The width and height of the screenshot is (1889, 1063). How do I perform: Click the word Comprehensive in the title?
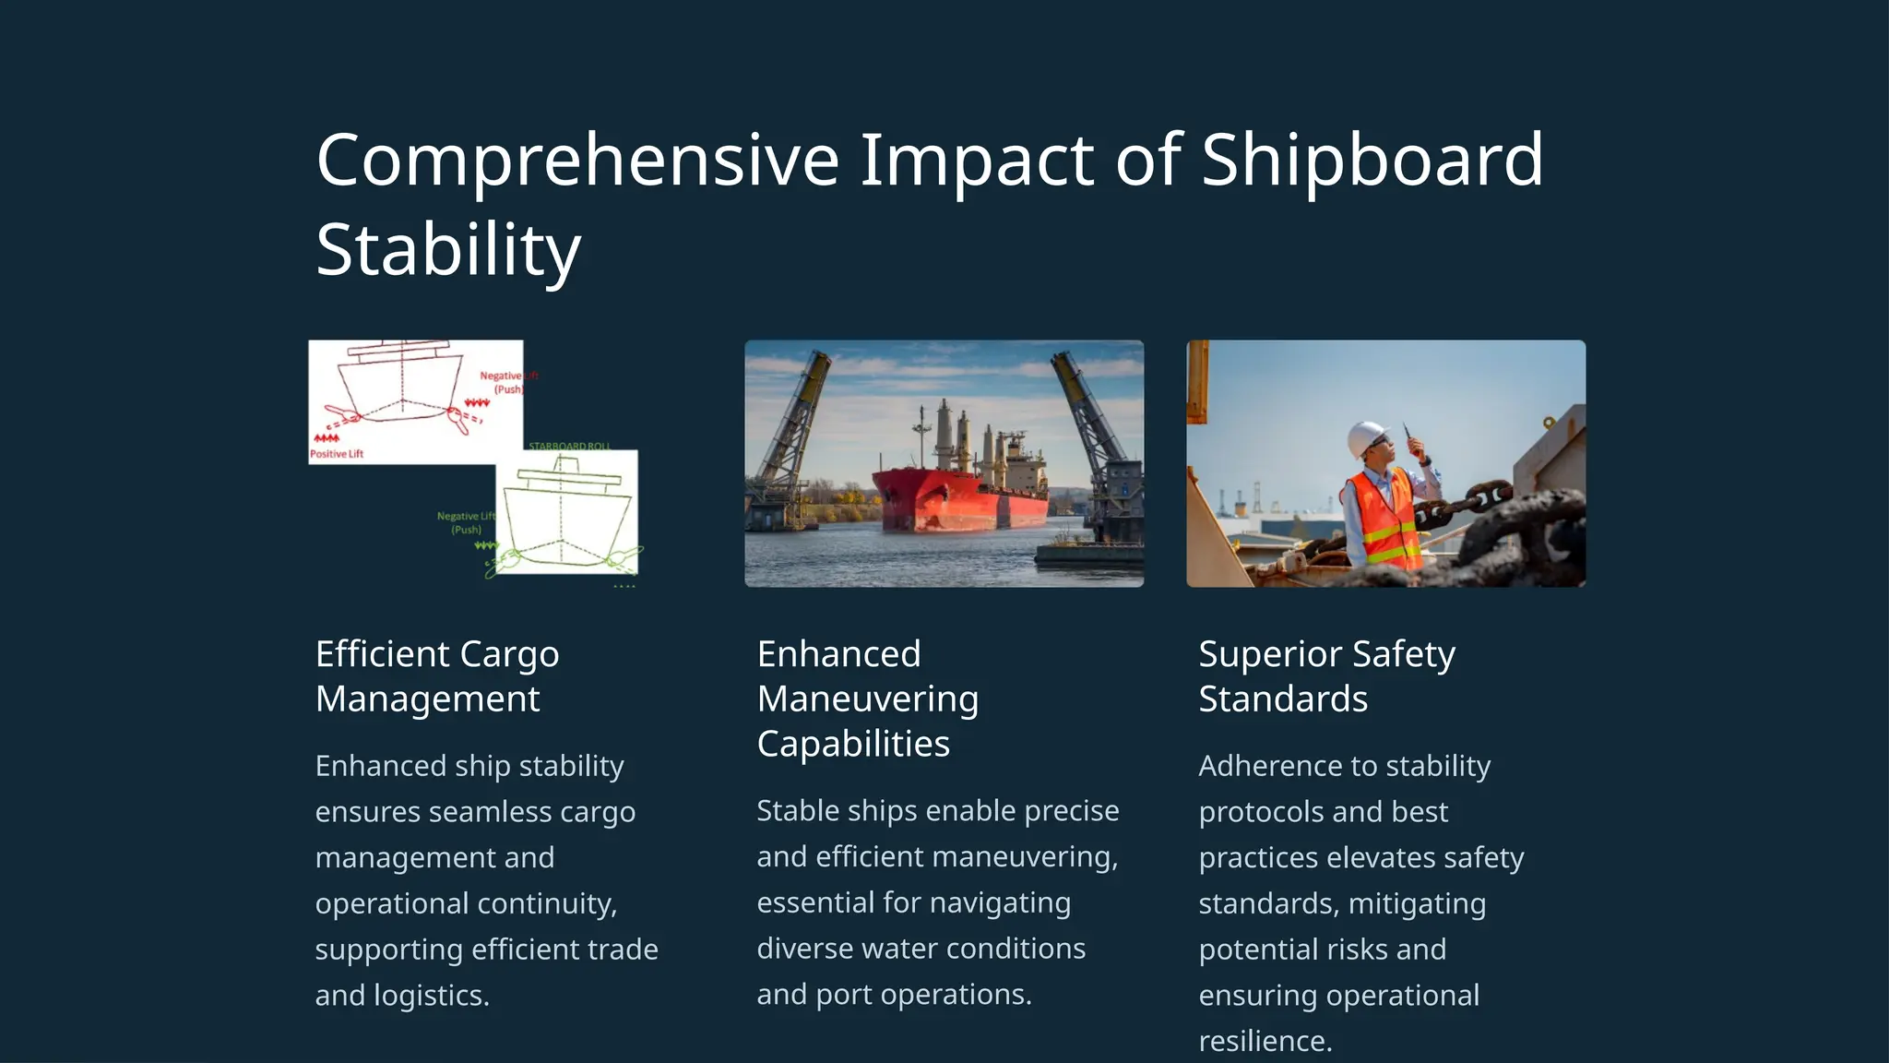pyautogui.click(x=577, y=161)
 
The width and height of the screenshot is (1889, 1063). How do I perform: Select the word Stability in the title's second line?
pyautogui.click(x=448, y=249)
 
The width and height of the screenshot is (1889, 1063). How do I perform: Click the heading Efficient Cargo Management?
pyautogui.click(x=436, y=675)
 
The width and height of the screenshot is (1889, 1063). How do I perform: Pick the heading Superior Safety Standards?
pyautogui.click(x=1325, y=675)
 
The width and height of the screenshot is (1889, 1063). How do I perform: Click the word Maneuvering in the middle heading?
pyautogui.click(x=867, y=699)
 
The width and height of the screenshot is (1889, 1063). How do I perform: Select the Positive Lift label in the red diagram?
pyautogui.click(x=337, y=454)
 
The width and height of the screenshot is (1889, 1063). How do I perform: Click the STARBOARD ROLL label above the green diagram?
pyautogui.click(x=569, y=446)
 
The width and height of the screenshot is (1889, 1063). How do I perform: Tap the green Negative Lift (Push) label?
pyautogui.click(x=466, y=522)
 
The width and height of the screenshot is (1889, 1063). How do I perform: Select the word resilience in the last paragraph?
pyautogui.click(x=1264, y=1041)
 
